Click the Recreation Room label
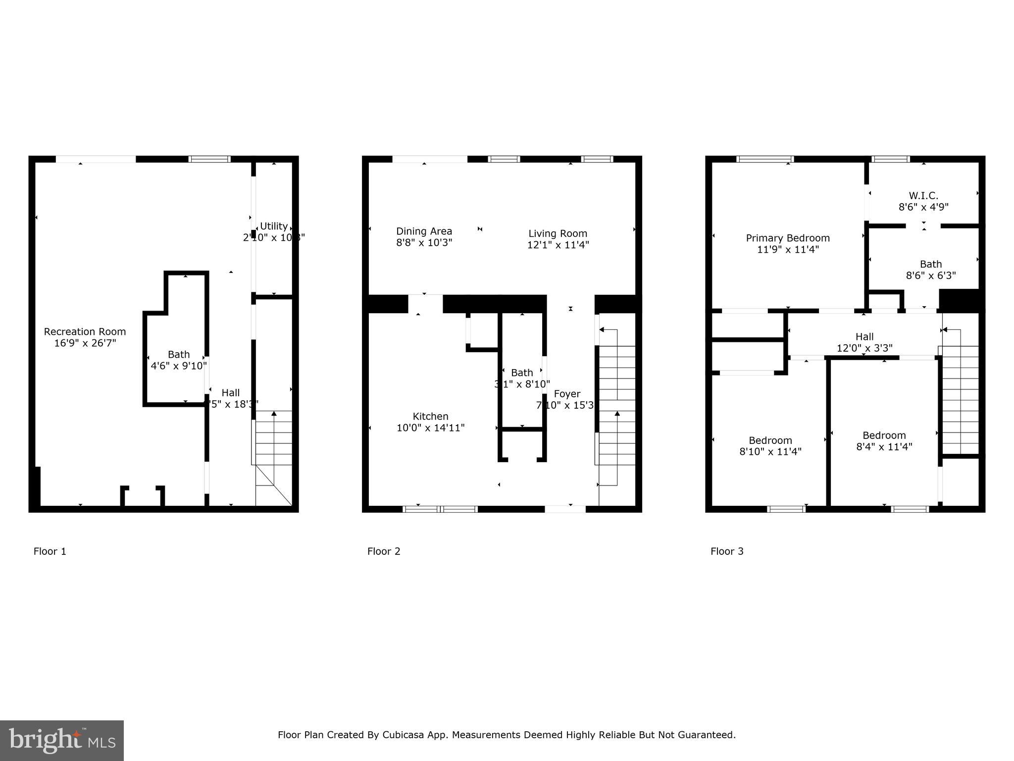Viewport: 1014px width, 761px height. point(85,331)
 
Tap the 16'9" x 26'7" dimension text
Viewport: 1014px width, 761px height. point(85,343)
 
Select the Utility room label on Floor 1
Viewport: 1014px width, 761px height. point(273,226)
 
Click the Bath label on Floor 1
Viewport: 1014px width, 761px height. point(178,354)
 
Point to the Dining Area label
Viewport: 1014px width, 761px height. point(424,231)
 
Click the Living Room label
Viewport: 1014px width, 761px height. point(558,233)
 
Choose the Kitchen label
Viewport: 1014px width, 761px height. point(430,416)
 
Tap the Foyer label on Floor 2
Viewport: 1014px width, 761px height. point(566,394)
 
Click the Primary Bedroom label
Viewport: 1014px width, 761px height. point(787,238)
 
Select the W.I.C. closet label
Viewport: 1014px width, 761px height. point(923,196)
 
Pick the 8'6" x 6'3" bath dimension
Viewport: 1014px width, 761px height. point(930,275)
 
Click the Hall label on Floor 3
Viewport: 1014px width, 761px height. point(864,337)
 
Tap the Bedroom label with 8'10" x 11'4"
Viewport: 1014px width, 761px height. point(770,440)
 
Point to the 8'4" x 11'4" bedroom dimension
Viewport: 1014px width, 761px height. point(884,447)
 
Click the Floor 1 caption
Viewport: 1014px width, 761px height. point(50,551)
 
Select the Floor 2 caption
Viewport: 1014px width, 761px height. point(383,551)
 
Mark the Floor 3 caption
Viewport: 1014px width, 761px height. point(726,551)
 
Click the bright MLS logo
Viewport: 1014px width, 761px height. point(61,740)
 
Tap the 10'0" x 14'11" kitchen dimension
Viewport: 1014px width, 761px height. point(430,428)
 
